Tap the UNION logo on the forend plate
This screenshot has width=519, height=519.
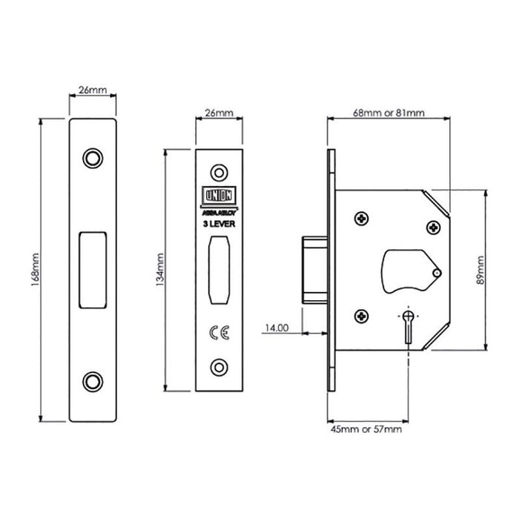click(218, 194)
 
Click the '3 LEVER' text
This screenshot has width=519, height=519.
click(218, 223)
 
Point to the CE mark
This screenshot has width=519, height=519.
click(218, 334)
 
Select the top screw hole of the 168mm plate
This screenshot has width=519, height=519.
click(93, 158)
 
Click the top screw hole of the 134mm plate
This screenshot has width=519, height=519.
click(218, 172)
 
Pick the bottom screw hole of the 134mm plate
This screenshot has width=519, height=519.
click(218, 366)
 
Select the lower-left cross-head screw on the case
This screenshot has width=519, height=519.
click(361, 315)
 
